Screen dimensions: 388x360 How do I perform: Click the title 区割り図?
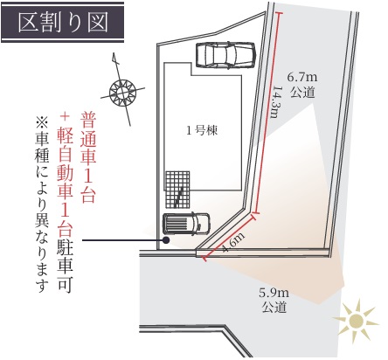click(63, 22)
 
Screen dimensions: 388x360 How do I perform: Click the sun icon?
click(356, 321)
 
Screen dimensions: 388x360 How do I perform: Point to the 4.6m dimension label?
click(233, 242)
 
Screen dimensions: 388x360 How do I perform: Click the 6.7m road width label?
click(302, 78)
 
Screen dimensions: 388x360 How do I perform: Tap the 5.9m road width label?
click(274, 293)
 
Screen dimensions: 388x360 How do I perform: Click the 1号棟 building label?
click(202, 130)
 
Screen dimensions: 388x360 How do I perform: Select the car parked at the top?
click(225, 55)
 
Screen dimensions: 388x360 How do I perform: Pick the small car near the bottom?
click(186, 224)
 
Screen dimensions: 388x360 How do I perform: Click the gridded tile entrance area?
click(177, 190)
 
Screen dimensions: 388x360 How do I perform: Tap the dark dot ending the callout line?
click(166, 240)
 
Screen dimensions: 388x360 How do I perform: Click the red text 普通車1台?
click(88, 157)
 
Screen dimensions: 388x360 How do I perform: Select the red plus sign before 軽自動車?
click(65, 116)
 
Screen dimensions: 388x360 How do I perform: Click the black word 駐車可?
click(65, 267)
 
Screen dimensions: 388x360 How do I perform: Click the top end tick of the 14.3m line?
click(278, 13)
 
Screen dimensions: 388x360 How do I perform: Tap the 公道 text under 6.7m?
click(302, 93)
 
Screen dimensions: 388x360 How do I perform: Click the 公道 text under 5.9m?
click(274, 308)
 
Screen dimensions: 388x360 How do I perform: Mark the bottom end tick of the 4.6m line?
click(204, 259)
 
